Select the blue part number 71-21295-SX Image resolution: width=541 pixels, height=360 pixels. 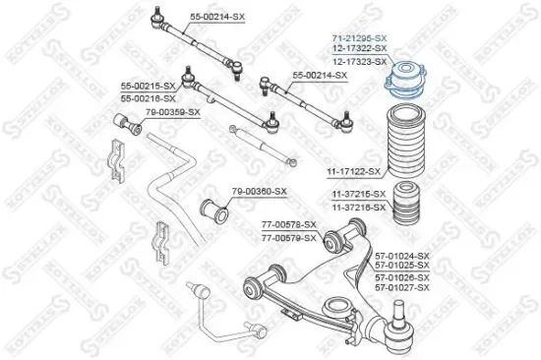[x=359, y=36]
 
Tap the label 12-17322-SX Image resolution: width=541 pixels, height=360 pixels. [x=359, y=48]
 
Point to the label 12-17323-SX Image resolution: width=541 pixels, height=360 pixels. [x=359, y=61]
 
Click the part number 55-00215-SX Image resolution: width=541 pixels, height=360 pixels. [x=149, y=88]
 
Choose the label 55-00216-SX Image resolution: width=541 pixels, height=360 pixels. [x=149, y=98]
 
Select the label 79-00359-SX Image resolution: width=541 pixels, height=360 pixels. [x=172, y=112]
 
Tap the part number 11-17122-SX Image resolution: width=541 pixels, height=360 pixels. [x=353, y=171]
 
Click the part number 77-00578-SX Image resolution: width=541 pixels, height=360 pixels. [x=289, y=225]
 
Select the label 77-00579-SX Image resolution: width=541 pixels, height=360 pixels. [x=289, y=237]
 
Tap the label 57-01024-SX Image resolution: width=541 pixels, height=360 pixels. [x=402, y=254]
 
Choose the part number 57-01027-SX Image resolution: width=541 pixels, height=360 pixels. [x=402, y=287]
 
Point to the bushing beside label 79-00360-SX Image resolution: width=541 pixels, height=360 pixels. [x=215, y=210]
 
